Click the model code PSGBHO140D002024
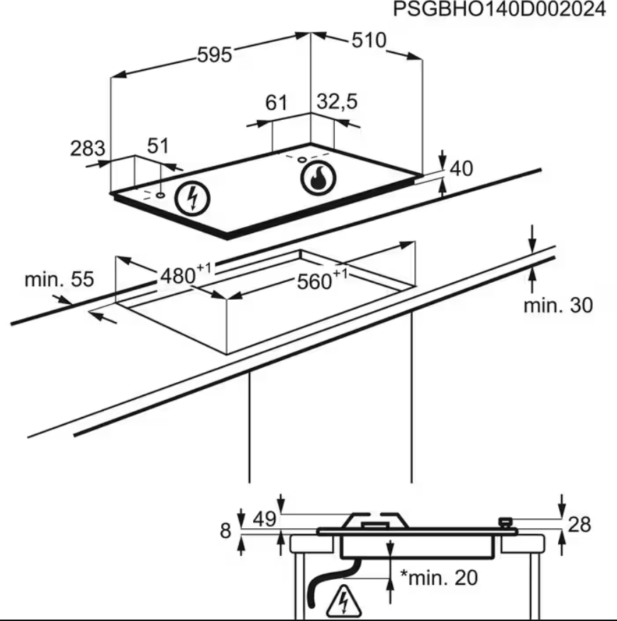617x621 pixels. pyautogui.click(x=499, y=9)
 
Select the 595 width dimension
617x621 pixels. pyautogui.click(x=214, y=55)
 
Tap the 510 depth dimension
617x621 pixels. pyautogui.click(x=369, y=40)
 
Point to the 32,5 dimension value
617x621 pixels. pyautogui.click(x=337, y=101)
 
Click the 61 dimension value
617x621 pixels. pyautogui.click(x=276, y=103)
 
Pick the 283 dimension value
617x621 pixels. pyautogui.click(x=87, y=149)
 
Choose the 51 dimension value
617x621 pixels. pyautogui.click(x=158, y=145)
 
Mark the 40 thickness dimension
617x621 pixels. pyautogui.click(x=462, y=168)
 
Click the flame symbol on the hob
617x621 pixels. pyautogui.click(x=318, y=179)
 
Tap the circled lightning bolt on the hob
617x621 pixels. pyautogui.click(x=193, y=198)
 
